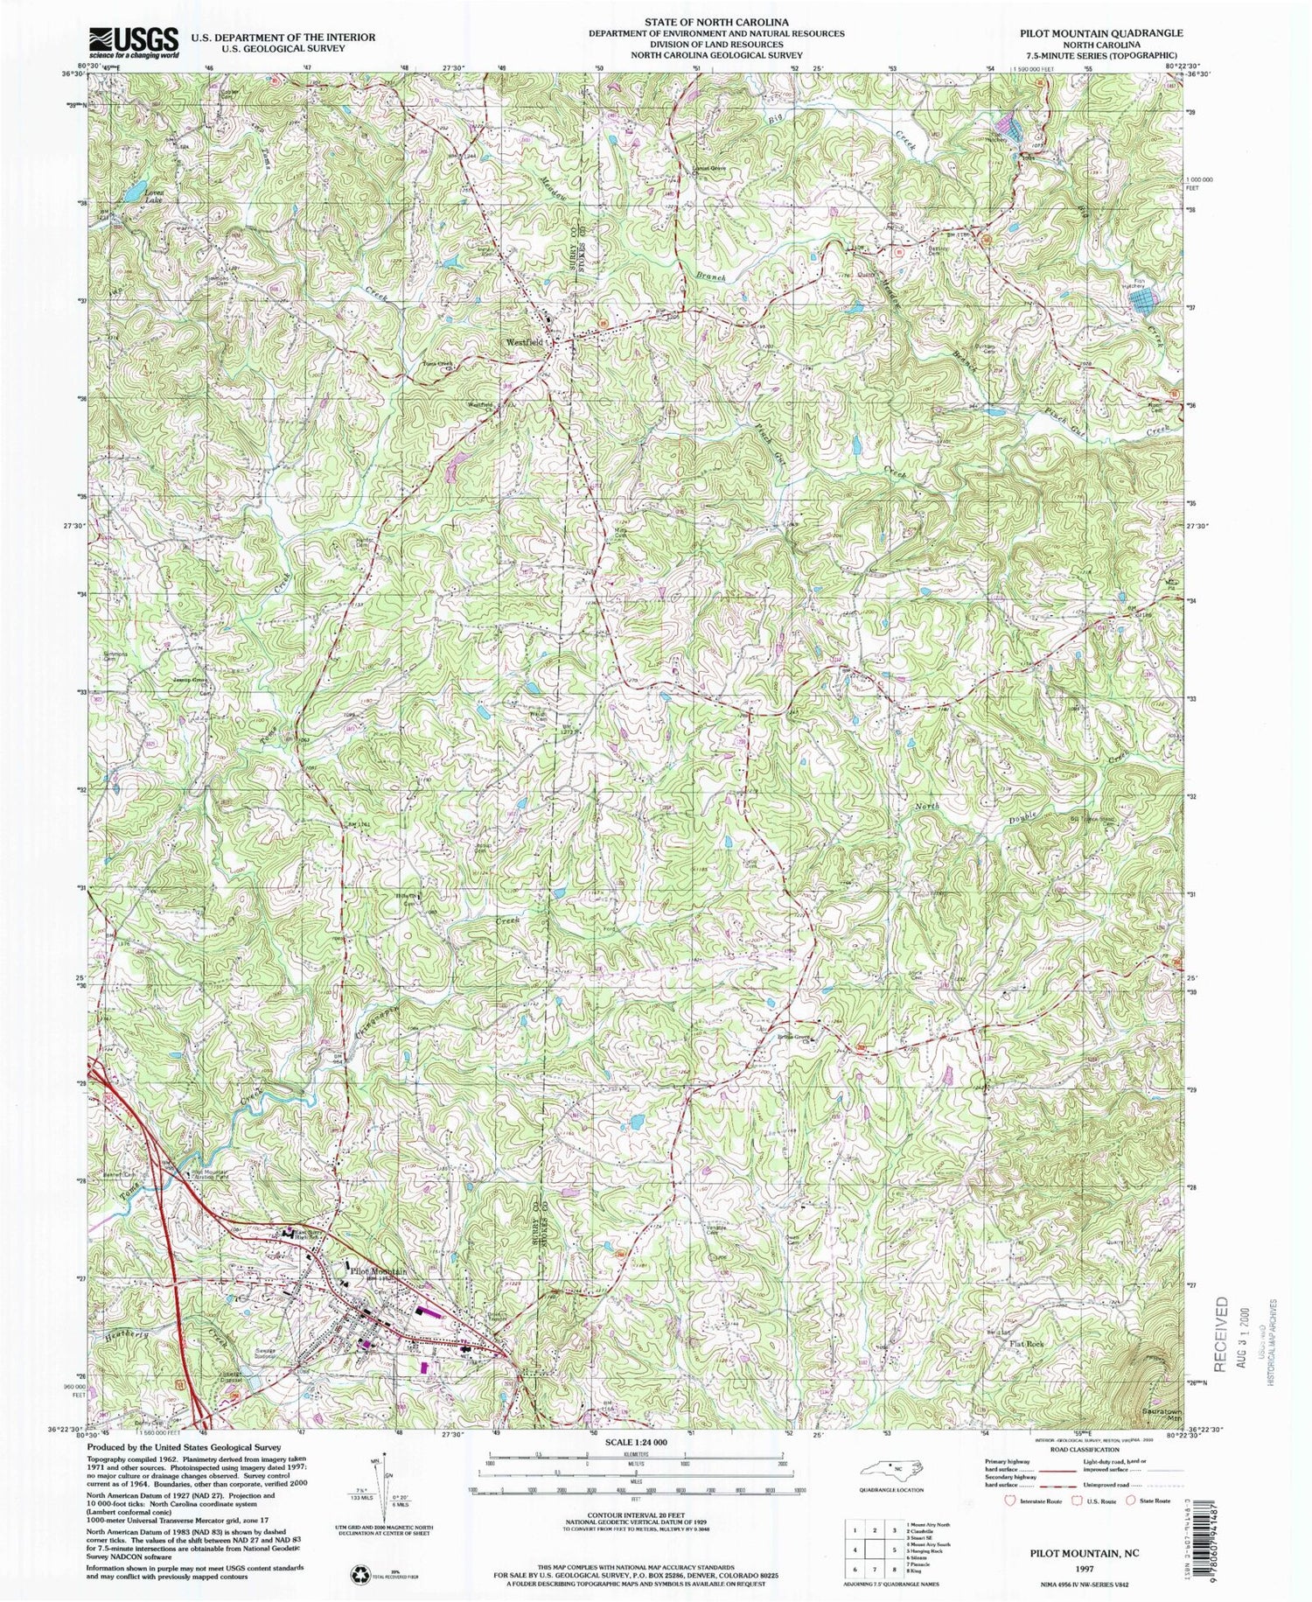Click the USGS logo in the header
133,42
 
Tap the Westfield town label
517,343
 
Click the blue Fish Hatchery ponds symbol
1141,302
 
